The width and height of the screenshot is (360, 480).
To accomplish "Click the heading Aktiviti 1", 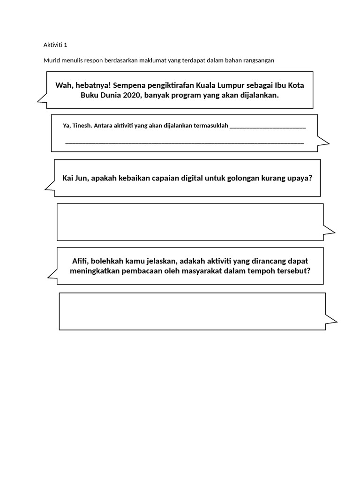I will pyautogui.click(x=55, y=45).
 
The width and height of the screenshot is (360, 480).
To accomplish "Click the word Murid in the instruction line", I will pyautogui.click(x=51, y=60).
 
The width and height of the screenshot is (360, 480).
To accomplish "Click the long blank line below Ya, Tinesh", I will pyautogui.click(x=184, y=142).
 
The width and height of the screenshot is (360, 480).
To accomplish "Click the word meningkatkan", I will pyautogui.click(x=94, y=271).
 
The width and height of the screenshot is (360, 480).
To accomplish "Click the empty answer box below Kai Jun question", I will pyautogui.click(x=190, y=222).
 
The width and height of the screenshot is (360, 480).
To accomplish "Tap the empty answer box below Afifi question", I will pyautogui.click(x=192, y=311).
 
